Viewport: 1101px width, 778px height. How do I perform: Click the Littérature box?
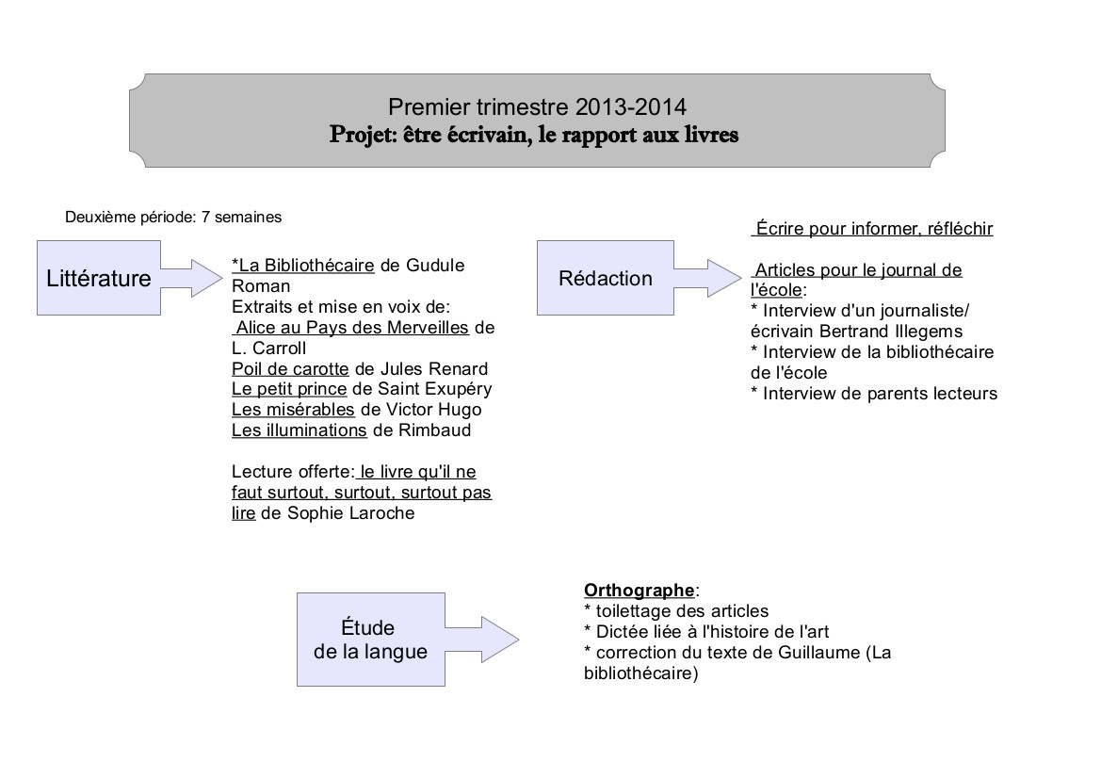pyautogui.click(x=99, y=278)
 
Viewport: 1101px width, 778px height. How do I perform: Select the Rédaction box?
pyautogui.click(x=606, y=278)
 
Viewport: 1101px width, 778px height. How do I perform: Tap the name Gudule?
pyautogui.click(x=435, y=265)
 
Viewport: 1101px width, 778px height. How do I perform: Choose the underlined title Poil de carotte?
pyautogui.click(x=290, y=368)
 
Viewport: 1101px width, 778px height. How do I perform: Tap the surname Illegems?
pyautogui.click(x=928, y=331)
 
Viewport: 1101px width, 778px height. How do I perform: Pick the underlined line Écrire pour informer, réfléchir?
pyautogui.click(x=873, y=229)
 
